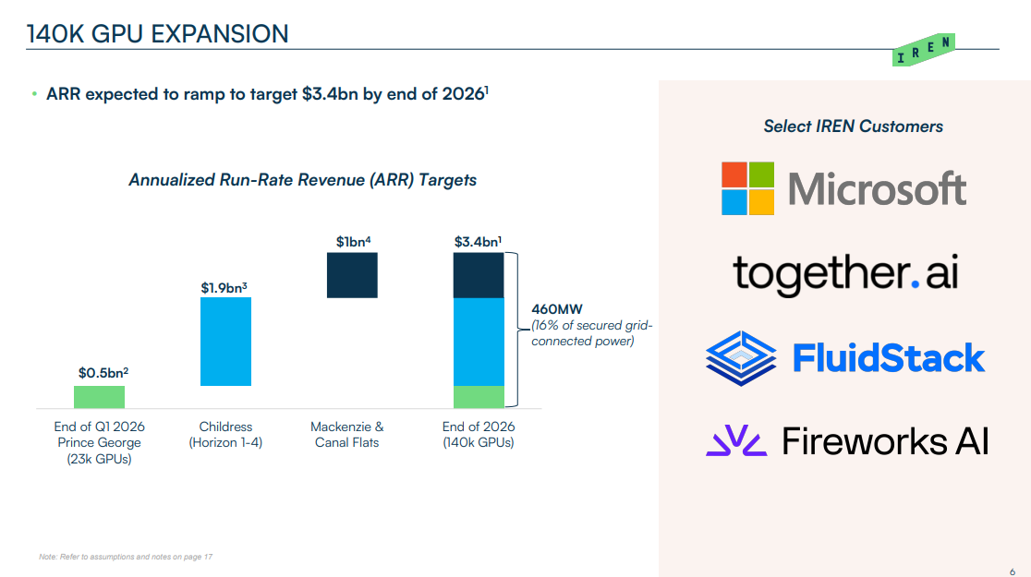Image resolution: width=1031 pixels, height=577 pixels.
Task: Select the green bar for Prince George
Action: point(99,397)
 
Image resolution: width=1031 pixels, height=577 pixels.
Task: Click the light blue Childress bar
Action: point(225,342)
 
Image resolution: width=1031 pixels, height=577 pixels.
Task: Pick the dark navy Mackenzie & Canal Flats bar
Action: point(352,275)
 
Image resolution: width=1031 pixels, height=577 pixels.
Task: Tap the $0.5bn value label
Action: point(103,373)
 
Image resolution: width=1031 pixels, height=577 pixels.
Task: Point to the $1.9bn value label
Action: point(224,288)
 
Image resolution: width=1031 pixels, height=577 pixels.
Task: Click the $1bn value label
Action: point(353,242)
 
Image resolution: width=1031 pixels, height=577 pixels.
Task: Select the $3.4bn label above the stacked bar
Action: point(479,242)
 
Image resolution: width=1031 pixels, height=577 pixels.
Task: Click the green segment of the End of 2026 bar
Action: point(479,396)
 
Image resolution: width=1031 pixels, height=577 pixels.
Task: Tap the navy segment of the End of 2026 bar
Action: point(479,275)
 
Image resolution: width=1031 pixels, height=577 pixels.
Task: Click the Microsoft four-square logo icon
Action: point(747,188)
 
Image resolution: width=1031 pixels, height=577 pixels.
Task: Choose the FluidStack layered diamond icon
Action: point(743,356)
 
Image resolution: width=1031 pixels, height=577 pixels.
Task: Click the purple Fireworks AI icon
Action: point(736,441)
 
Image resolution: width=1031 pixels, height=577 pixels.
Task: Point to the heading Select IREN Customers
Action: point(853,126)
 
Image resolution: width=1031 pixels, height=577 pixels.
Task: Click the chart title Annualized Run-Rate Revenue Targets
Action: point(303,180)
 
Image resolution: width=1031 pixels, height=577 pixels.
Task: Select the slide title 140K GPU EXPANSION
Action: point(157,35)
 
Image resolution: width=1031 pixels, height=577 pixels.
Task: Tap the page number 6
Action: point(1013,571)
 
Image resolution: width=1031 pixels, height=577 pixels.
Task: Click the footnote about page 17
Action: point(126,557)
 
